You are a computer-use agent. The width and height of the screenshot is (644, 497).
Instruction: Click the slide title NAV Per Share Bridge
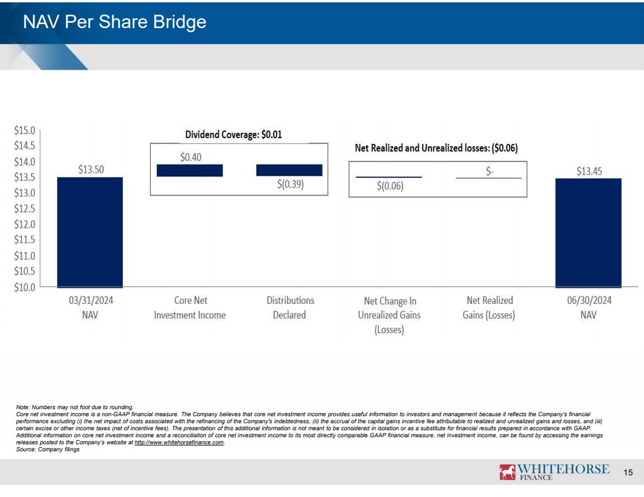[114, 22]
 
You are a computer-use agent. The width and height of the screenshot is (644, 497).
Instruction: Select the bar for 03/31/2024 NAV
[90, 232]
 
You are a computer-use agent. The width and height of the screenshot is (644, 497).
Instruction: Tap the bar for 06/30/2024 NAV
[588, 232]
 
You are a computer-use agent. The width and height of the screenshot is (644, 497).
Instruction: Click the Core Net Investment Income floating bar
[190, 170]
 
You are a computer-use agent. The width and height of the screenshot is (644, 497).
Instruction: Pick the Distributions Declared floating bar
[289, 170]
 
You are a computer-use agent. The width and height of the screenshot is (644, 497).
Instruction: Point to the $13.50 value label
[91, 169]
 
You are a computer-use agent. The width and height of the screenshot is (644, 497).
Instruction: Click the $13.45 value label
[588, 170]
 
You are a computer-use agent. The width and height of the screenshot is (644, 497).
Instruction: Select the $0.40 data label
[191, 157]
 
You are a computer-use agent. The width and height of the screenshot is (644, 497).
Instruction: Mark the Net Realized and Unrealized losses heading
[436, 148]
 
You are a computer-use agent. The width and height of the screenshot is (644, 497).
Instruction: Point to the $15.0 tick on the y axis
[25, 130]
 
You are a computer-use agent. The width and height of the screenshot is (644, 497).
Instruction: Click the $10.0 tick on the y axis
[25, 287]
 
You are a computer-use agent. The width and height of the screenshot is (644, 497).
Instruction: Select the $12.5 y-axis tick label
[25, 208]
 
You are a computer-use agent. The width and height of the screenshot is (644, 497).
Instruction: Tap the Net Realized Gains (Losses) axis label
[489, 307]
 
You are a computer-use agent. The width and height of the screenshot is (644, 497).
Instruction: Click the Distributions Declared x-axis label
[290, 307]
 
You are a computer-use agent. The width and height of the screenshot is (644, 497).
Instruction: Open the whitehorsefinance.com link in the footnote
[179, 443]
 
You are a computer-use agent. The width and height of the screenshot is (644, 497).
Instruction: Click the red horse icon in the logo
[507, 472]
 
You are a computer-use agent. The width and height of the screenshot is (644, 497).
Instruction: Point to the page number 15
[629, 473]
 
